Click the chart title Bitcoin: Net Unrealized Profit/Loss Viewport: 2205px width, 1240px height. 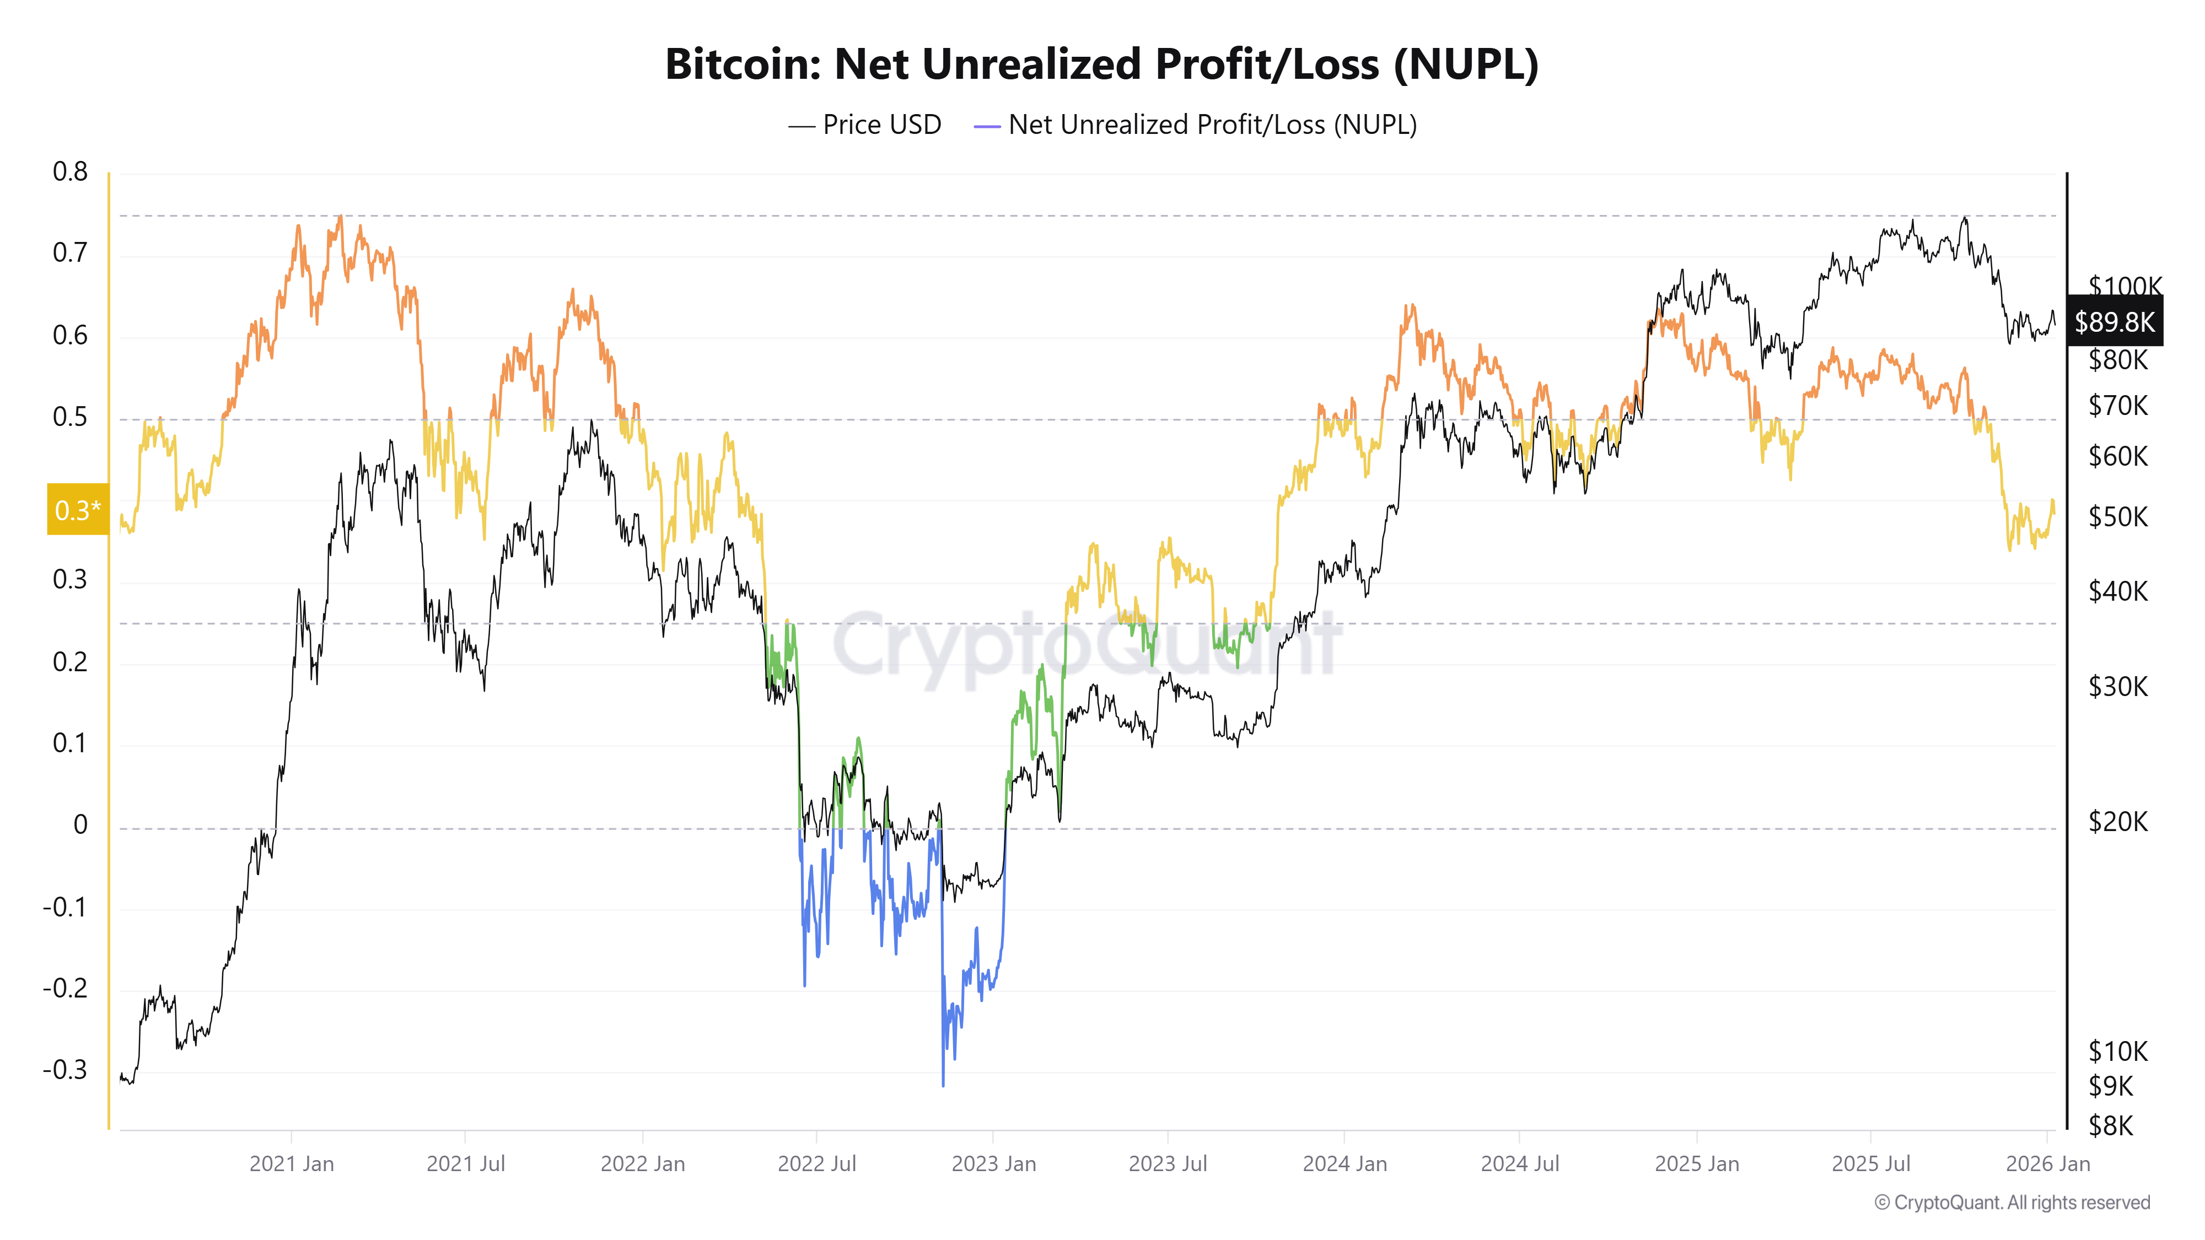(x=1101, y=64)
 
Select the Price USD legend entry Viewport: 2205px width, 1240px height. (x=864, y=125)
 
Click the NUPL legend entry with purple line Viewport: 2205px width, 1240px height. (x=1195, y=125)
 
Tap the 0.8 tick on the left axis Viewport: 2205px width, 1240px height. (x=70, y=172)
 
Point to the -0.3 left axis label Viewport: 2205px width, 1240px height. (x=65, y=1070)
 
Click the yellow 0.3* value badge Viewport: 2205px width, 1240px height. (x=78, y=510)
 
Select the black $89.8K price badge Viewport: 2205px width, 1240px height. (x=2113, y=322)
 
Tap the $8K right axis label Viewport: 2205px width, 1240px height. (x=2110, y=1125)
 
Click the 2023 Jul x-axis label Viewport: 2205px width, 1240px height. (x=1168, y=1164)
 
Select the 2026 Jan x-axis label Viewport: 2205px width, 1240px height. (x=2047, y=1164)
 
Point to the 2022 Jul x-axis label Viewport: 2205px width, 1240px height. (x=816, y=1164)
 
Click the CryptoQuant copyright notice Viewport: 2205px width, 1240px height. (x=2012, y=1203)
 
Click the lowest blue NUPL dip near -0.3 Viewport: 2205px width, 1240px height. (x=943, y=1083)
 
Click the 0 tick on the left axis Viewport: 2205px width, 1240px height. (x=80, y=825)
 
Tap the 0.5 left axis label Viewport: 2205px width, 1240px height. (x=70, y=417)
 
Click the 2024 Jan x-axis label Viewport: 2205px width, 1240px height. (x=1344, y=1164)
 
